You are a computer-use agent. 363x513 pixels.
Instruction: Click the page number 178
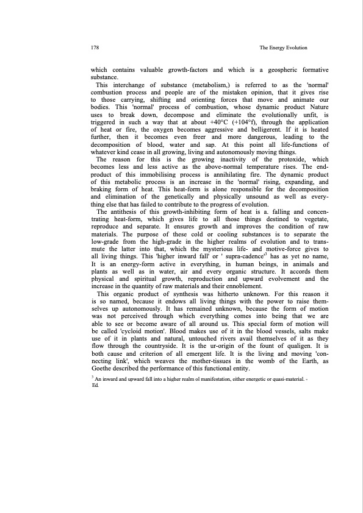point(95,48)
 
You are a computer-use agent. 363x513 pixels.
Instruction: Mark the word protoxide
point(291,159)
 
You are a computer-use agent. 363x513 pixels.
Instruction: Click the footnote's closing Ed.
point(94,403)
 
